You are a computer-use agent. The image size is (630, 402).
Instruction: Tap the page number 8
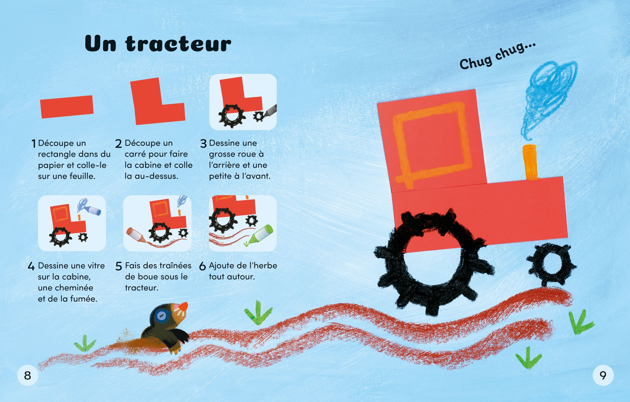tap(27, 376)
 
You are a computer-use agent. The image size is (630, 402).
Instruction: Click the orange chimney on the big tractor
tap(530, 162)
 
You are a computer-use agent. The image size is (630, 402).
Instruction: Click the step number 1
tap(33, 144)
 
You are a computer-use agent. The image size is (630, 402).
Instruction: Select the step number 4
tap(31, 266)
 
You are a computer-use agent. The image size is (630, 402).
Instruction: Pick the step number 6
tap(202, 266)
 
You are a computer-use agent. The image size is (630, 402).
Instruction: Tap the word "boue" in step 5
tap(148, 277)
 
